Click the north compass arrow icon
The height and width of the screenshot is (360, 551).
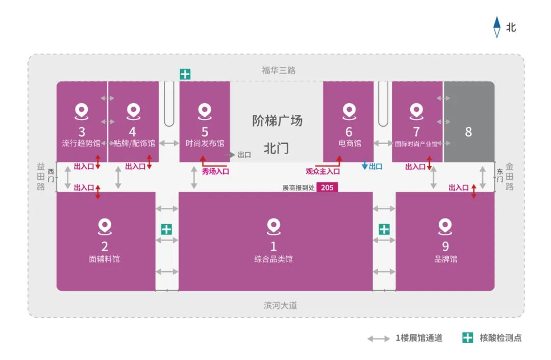(x=496, y=27)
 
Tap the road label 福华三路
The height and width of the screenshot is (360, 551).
(x=279, y=70)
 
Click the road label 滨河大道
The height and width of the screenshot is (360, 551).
(x=280, y=305)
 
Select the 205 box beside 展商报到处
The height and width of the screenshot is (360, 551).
(x=327, y=187)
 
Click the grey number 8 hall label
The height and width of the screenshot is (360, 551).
(x=468, y=132)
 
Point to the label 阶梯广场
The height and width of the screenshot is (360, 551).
(x=277, y=121)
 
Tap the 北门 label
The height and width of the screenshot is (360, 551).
(x=276, y=149)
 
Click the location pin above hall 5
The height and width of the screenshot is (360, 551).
(x=205, y=111)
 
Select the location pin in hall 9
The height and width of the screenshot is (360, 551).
(x=445, y=227)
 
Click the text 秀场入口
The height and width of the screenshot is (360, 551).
(x=215, y=172)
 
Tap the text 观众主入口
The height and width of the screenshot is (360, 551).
(x=322, y=172)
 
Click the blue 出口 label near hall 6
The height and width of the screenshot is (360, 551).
(x=375, y=166)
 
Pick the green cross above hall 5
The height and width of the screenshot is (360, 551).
(x=185, y=74)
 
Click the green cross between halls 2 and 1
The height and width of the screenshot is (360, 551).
(x=166, y=230)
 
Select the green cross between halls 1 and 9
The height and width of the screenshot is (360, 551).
(x=384, y=230)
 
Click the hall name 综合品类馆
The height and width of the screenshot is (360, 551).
(x=273, y=259)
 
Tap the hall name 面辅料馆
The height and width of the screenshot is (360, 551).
(x=105, y=259)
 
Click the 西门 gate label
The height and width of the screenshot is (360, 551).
(x=51, y=176)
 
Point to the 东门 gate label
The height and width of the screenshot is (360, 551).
(x=499, y=176)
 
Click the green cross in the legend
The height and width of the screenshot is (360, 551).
(x=467, y=338)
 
